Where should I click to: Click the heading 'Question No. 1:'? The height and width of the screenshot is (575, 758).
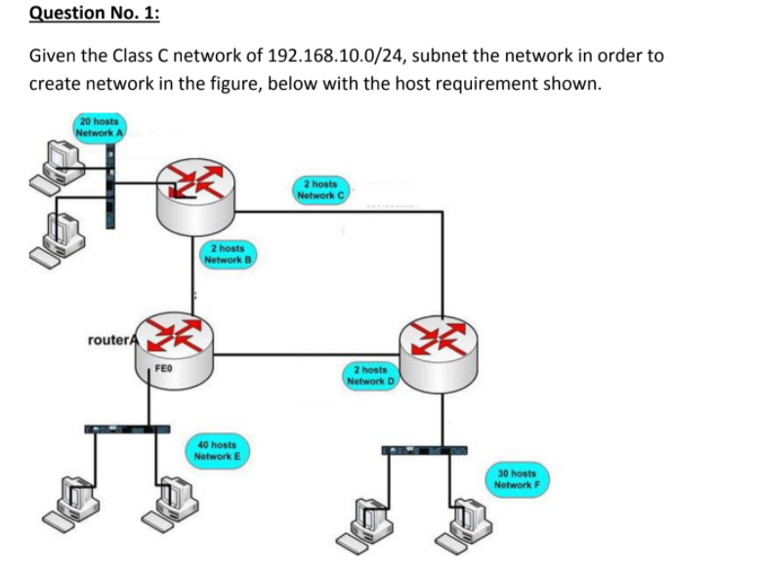(x=83, y=14)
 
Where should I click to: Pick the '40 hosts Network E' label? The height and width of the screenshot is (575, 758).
(x=216, y=449)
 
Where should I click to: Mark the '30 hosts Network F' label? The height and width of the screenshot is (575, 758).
(x=516, y=477)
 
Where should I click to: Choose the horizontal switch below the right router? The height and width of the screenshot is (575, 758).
(x=424, y=450)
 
